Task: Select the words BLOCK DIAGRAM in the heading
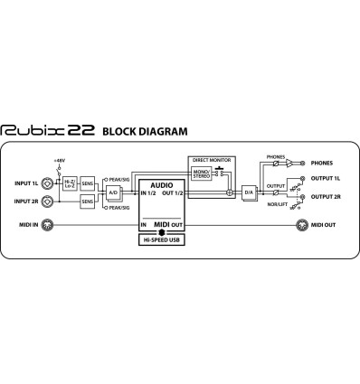pos(145,131)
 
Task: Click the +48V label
pos(60,160)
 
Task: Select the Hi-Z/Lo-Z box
pos(70,183)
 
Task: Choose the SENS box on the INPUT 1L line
pos(87,183)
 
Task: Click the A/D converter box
pos(112,192)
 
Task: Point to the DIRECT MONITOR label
pos(210,159)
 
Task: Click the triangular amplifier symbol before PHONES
pos(290,164)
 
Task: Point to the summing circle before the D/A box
pos(231,192)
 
